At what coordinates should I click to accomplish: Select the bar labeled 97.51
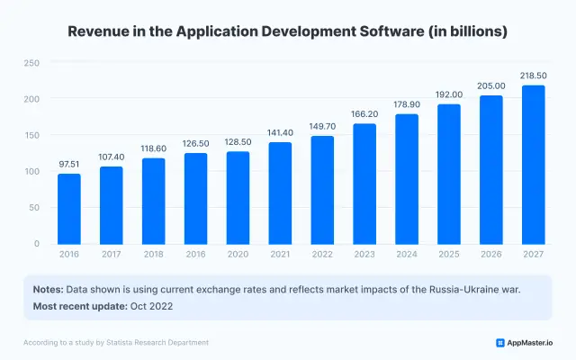click(69, 209)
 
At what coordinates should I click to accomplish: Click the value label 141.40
click(280, 133)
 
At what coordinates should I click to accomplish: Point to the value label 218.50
click(533, 76)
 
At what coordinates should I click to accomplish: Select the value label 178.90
click(407, 105)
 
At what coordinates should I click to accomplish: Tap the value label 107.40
click(112, 157)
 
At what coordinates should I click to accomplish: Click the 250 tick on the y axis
click(31, 63)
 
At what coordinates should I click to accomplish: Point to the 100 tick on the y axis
click(31, 171)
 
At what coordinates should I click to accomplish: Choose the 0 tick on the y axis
click(37, 244)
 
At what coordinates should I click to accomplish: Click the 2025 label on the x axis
click(448, 256)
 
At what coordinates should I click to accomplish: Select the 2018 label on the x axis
click(153, 256)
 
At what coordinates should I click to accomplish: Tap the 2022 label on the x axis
click(322, 256)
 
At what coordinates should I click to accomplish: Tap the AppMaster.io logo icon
click(500, 343)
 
